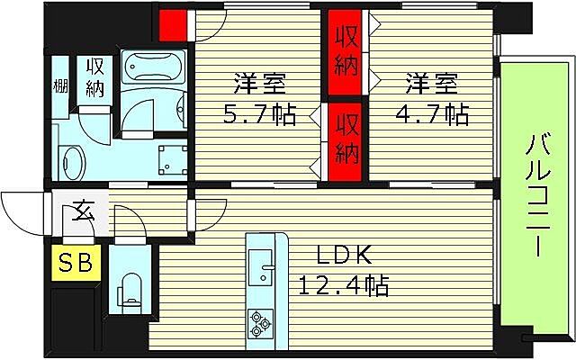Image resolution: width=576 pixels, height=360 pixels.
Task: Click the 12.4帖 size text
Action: [344, 286]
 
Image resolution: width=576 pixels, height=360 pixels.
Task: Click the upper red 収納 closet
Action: [346, 52]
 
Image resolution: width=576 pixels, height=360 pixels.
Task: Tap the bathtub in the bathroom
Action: [153, 68]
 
